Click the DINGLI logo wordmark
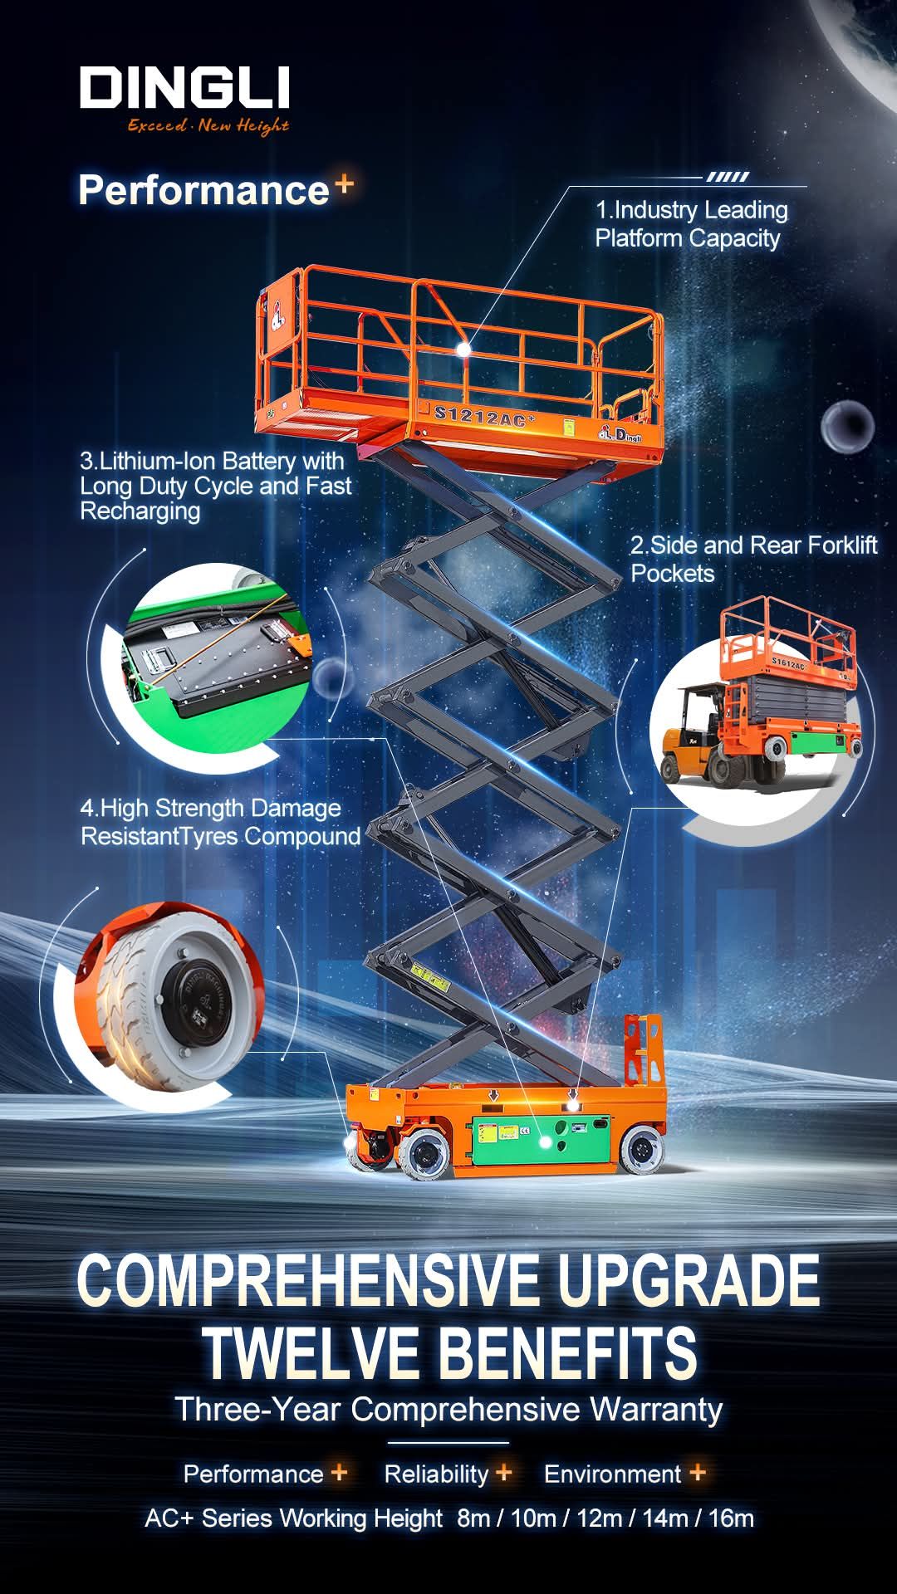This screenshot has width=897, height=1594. (184, 88)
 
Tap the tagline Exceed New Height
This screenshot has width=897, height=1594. (208, 125)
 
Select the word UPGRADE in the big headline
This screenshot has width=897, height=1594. (689, 1280)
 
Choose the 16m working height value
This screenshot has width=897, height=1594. (731, 1518)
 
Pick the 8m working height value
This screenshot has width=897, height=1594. (473, 1518)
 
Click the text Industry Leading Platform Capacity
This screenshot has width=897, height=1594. (692, 224)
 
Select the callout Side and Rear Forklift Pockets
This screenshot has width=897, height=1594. (753, 559)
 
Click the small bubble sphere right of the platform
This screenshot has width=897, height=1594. (847, 428)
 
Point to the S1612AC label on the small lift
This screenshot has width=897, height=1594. (788, 664)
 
